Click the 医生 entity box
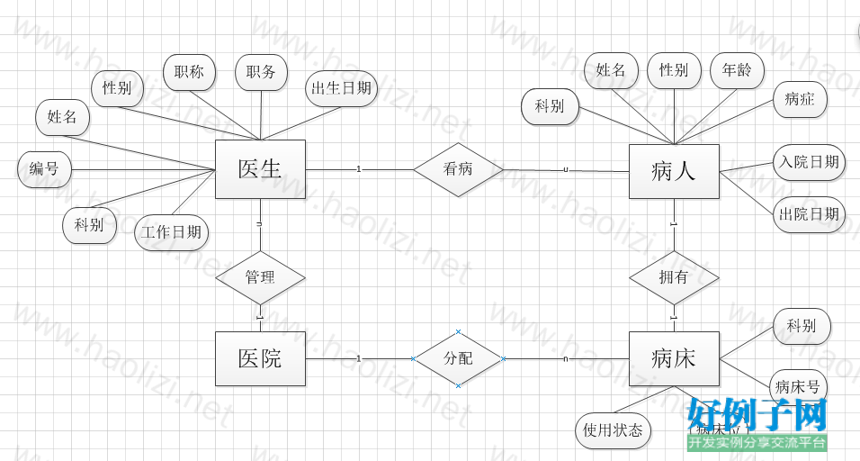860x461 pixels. pos(260,168)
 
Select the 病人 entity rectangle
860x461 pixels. pos(674,171)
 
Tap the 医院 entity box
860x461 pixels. pos(260,358)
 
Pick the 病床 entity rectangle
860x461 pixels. pos(674,358)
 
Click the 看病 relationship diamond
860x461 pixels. pos(458,169)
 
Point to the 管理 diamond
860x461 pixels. pos(260,276)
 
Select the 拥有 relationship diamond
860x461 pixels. pos(674,277)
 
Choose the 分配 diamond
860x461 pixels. pos(458,358)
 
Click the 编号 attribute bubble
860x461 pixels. pos(44,168)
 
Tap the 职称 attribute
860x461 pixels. pos(189,73)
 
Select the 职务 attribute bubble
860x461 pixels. pos(261,73)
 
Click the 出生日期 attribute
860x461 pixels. pos(341,88)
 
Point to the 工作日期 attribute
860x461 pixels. pos(171,232)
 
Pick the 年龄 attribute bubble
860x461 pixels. pos(737,70)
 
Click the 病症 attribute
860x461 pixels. pos(800,100)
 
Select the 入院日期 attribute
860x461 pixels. pos(809,162)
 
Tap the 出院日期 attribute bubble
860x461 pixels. pos(809,214)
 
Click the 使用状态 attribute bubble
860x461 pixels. pos(613,430)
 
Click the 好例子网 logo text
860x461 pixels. pos(757,415)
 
